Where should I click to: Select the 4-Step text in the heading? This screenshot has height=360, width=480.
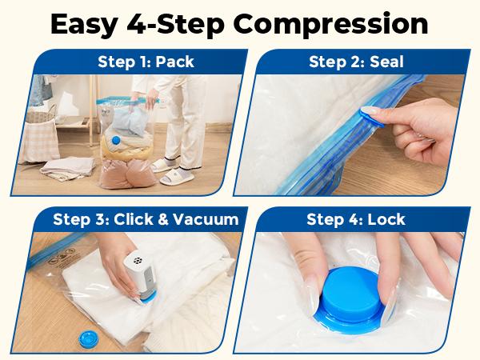(x=186, y=24)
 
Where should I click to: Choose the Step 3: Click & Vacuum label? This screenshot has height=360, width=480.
(x=146, y=218)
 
